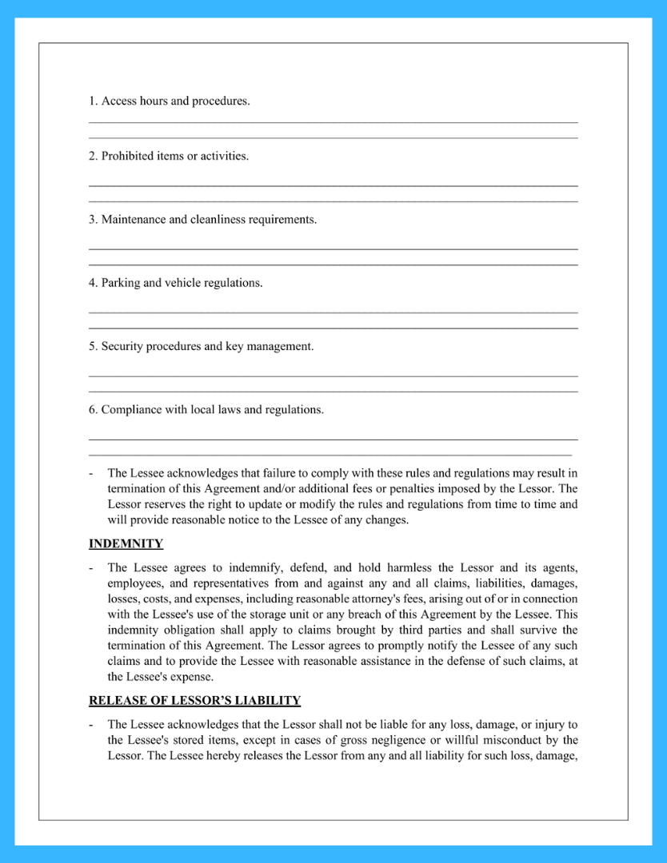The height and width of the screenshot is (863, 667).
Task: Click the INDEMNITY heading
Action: (126, 544)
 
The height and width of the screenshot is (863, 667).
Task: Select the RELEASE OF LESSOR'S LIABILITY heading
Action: (194, 701)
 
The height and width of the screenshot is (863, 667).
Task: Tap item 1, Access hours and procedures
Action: (169, 101)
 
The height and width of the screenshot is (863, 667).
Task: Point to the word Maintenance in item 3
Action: (133, 219)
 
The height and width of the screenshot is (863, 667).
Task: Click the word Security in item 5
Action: (122, 346)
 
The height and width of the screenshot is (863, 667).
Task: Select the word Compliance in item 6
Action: (132, 410)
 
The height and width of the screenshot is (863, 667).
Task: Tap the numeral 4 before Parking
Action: (92, 283)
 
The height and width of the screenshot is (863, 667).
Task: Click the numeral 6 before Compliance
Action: (92, 410)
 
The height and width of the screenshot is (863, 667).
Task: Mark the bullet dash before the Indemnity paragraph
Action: (91, 567)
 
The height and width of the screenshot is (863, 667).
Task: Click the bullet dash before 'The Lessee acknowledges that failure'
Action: (91, 473)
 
